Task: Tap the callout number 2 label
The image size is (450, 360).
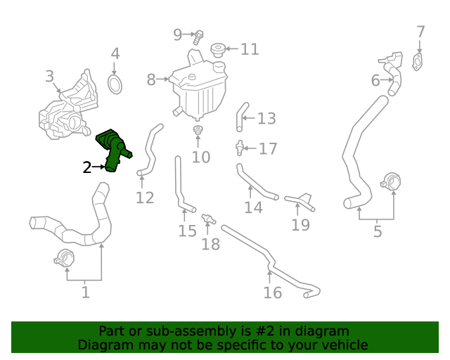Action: point(87,167)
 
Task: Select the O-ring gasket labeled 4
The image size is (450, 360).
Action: point(115,85)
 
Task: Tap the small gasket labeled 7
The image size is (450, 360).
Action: point(420,62)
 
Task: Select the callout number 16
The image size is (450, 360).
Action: point(272,292)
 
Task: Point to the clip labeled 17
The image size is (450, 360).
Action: point(240,148)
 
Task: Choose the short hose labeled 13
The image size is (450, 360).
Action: point(241,117)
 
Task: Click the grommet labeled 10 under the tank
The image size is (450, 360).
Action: point(198,131)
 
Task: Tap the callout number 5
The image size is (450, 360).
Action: point(378,230)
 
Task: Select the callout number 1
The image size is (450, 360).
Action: point(85,291)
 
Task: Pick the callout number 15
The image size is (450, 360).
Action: point(187,231)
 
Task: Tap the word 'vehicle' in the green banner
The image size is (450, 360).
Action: point(342,345)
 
